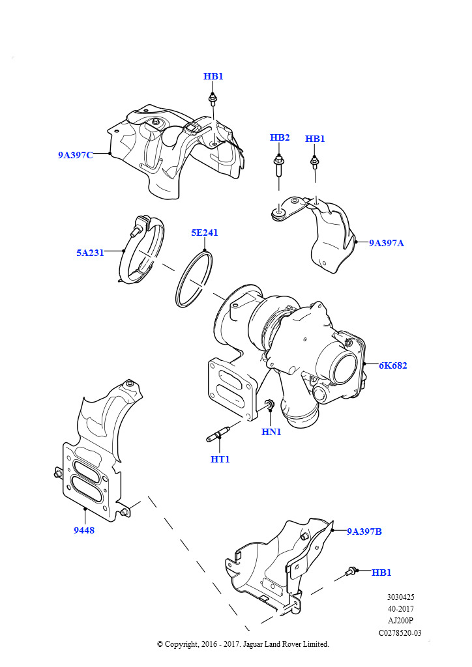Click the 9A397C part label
[75, 155]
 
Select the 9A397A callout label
[387, 243]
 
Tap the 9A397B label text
[364, 532]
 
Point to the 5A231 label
[90, 253]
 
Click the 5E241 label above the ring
[204, 233]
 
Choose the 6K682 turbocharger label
[393, 365]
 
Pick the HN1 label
[271, 432]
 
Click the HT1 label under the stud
[220, 459]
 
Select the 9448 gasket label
[84, 530]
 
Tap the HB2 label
[280, 137]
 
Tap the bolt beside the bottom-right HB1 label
[353, 571]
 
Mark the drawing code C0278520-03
[400, 632]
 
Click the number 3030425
[400, 597]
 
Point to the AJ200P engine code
[400, 621]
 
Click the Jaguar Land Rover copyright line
[243, 644]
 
